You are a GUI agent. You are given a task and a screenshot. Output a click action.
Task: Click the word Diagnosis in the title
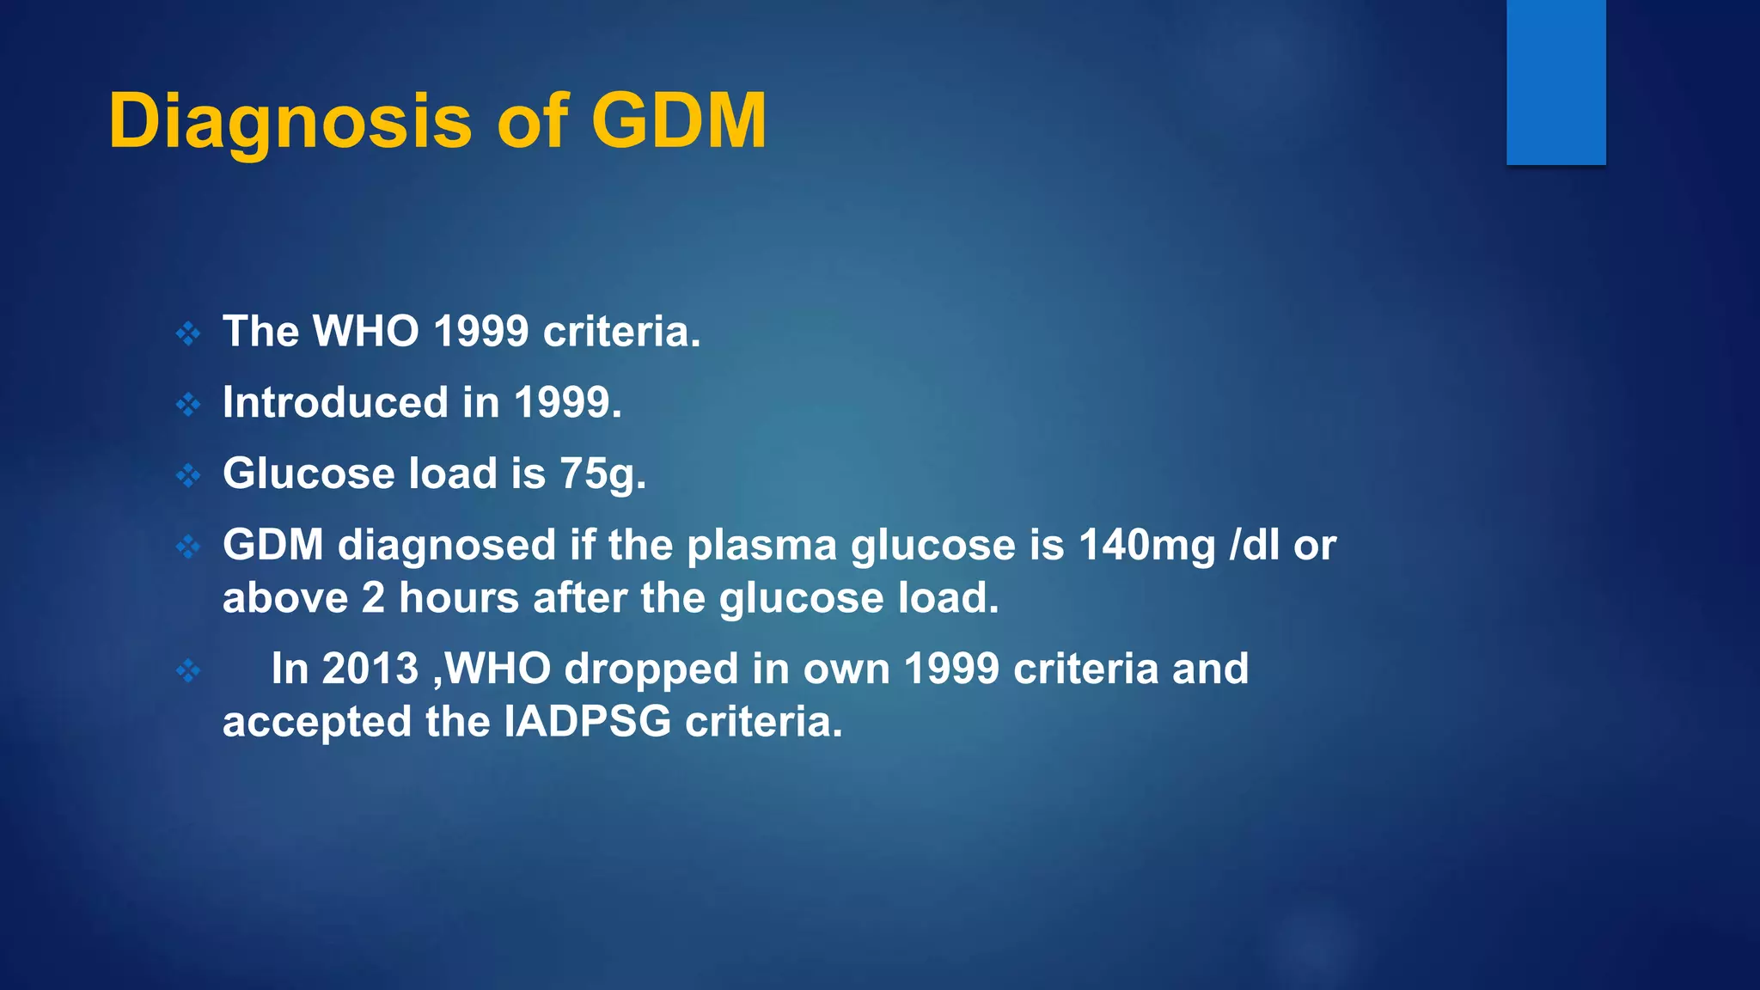pos(290,122)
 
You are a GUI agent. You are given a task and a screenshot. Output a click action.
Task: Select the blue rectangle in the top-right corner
pos(1555,82)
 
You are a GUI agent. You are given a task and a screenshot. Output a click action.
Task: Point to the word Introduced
pos(335,402)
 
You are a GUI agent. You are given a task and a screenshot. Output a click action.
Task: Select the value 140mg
pos(1146,545)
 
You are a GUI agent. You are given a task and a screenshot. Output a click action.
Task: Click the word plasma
pos(761,545)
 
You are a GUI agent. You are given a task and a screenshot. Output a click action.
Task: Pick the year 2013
pos(370,669)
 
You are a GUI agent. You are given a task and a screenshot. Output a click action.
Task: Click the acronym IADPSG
pos(587,721)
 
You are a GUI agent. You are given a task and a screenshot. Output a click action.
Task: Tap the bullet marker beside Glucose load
pos(188,474)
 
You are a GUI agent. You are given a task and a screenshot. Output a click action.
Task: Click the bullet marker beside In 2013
pos(188,669)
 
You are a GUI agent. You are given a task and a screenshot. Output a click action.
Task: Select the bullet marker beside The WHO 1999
pos(188,333)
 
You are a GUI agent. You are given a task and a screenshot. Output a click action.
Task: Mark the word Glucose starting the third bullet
pos(308,474)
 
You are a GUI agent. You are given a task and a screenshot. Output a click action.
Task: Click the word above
pos(284,598)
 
